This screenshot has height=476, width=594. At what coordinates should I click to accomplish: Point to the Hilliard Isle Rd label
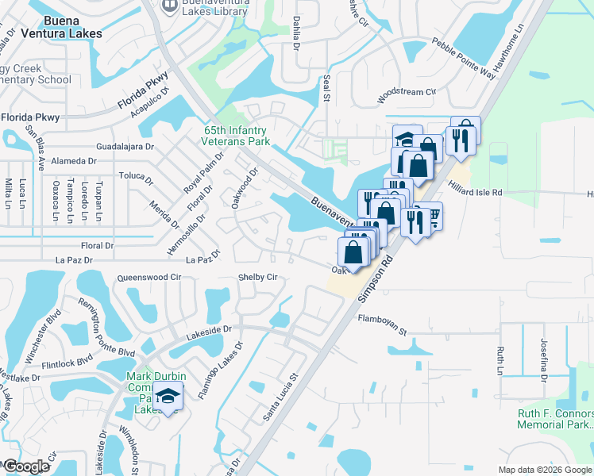(x=474, y=192)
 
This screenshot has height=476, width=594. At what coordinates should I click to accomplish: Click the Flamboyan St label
(x=382, y=319)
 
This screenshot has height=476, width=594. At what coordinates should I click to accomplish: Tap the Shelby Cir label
(x=258, y=277)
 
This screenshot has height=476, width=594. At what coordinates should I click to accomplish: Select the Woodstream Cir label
(x=407, y=92)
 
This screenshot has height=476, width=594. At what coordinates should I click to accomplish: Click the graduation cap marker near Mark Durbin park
(x=168, y=396)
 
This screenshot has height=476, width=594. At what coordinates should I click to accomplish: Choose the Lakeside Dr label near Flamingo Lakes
(x=209, y=328)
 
